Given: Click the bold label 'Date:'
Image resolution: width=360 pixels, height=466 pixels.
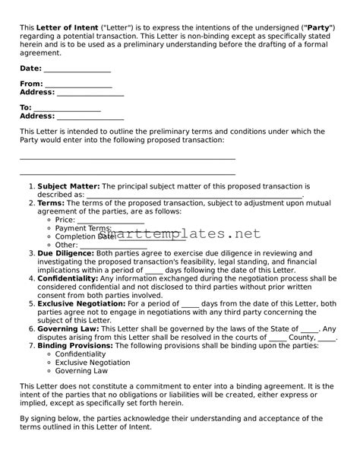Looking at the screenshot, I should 30,68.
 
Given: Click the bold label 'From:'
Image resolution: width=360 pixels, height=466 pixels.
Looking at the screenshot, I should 31,84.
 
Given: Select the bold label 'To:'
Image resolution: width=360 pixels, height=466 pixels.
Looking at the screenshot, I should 26,108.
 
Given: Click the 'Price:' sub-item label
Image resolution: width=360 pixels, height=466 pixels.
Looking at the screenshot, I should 65,220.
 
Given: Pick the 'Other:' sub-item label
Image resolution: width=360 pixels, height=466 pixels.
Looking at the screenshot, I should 66,245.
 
